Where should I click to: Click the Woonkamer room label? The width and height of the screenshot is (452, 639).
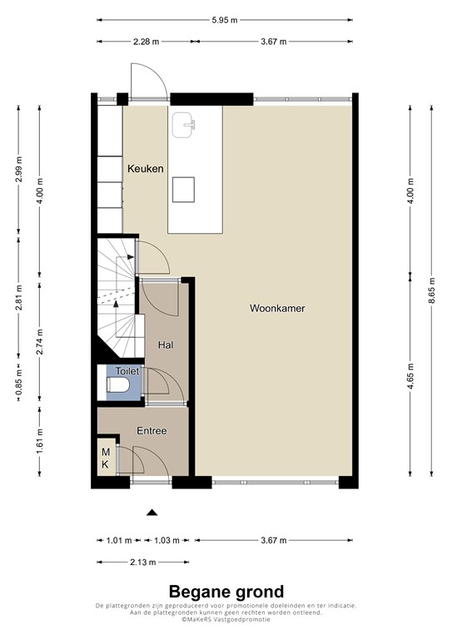click(x=277, y=308)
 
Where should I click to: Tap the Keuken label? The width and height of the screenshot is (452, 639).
click(x=144, y=169)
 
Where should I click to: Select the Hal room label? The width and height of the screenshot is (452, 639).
click(x=165, y=343)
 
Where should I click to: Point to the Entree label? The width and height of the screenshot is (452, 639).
click(x=152, y=431)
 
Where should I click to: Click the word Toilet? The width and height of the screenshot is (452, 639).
click(x=127, y=371)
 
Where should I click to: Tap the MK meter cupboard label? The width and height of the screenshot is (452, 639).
click(x=106, y=458)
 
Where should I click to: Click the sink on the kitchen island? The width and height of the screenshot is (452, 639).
click(x=184, y=126)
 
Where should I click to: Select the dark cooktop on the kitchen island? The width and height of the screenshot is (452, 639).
click(x=184, y=190)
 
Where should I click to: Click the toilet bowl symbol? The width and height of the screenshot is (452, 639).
click(x=118, y=385)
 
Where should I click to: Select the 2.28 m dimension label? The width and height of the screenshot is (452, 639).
click(x=147, y=41)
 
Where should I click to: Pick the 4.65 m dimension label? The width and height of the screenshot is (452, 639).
click(x=410, y=377)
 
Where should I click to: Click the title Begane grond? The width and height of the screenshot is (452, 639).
click(x=226, y=592)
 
